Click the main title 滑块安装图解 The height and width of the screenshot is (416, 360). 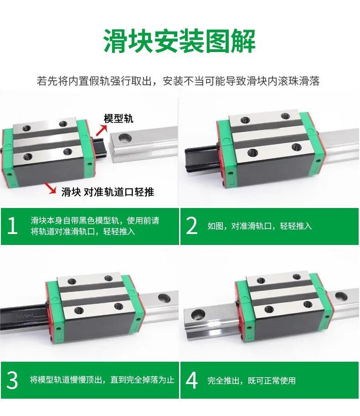(x=180, y=42)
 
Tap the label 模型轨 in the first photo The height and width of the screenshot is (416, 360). (x=118, y=119)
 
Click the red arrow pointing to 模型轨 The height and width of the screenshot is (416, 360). (x=101, y=130)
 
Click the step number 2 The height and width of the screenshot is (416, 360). (x=192, y=226)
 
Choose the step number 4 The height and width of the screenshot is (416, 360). (x=192, y=380)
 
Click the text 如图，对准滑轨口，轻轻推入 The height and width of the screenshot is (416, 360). (x=260, y=226)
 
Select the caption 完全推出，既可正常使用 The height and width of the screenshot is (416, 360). (x=252, y=380)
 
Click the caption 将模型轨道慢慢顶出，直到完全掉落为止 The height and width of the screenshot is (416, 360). (x=102, y=380)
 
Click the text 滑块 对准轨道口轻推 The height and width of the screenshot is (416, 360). (x=108, y=192)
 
